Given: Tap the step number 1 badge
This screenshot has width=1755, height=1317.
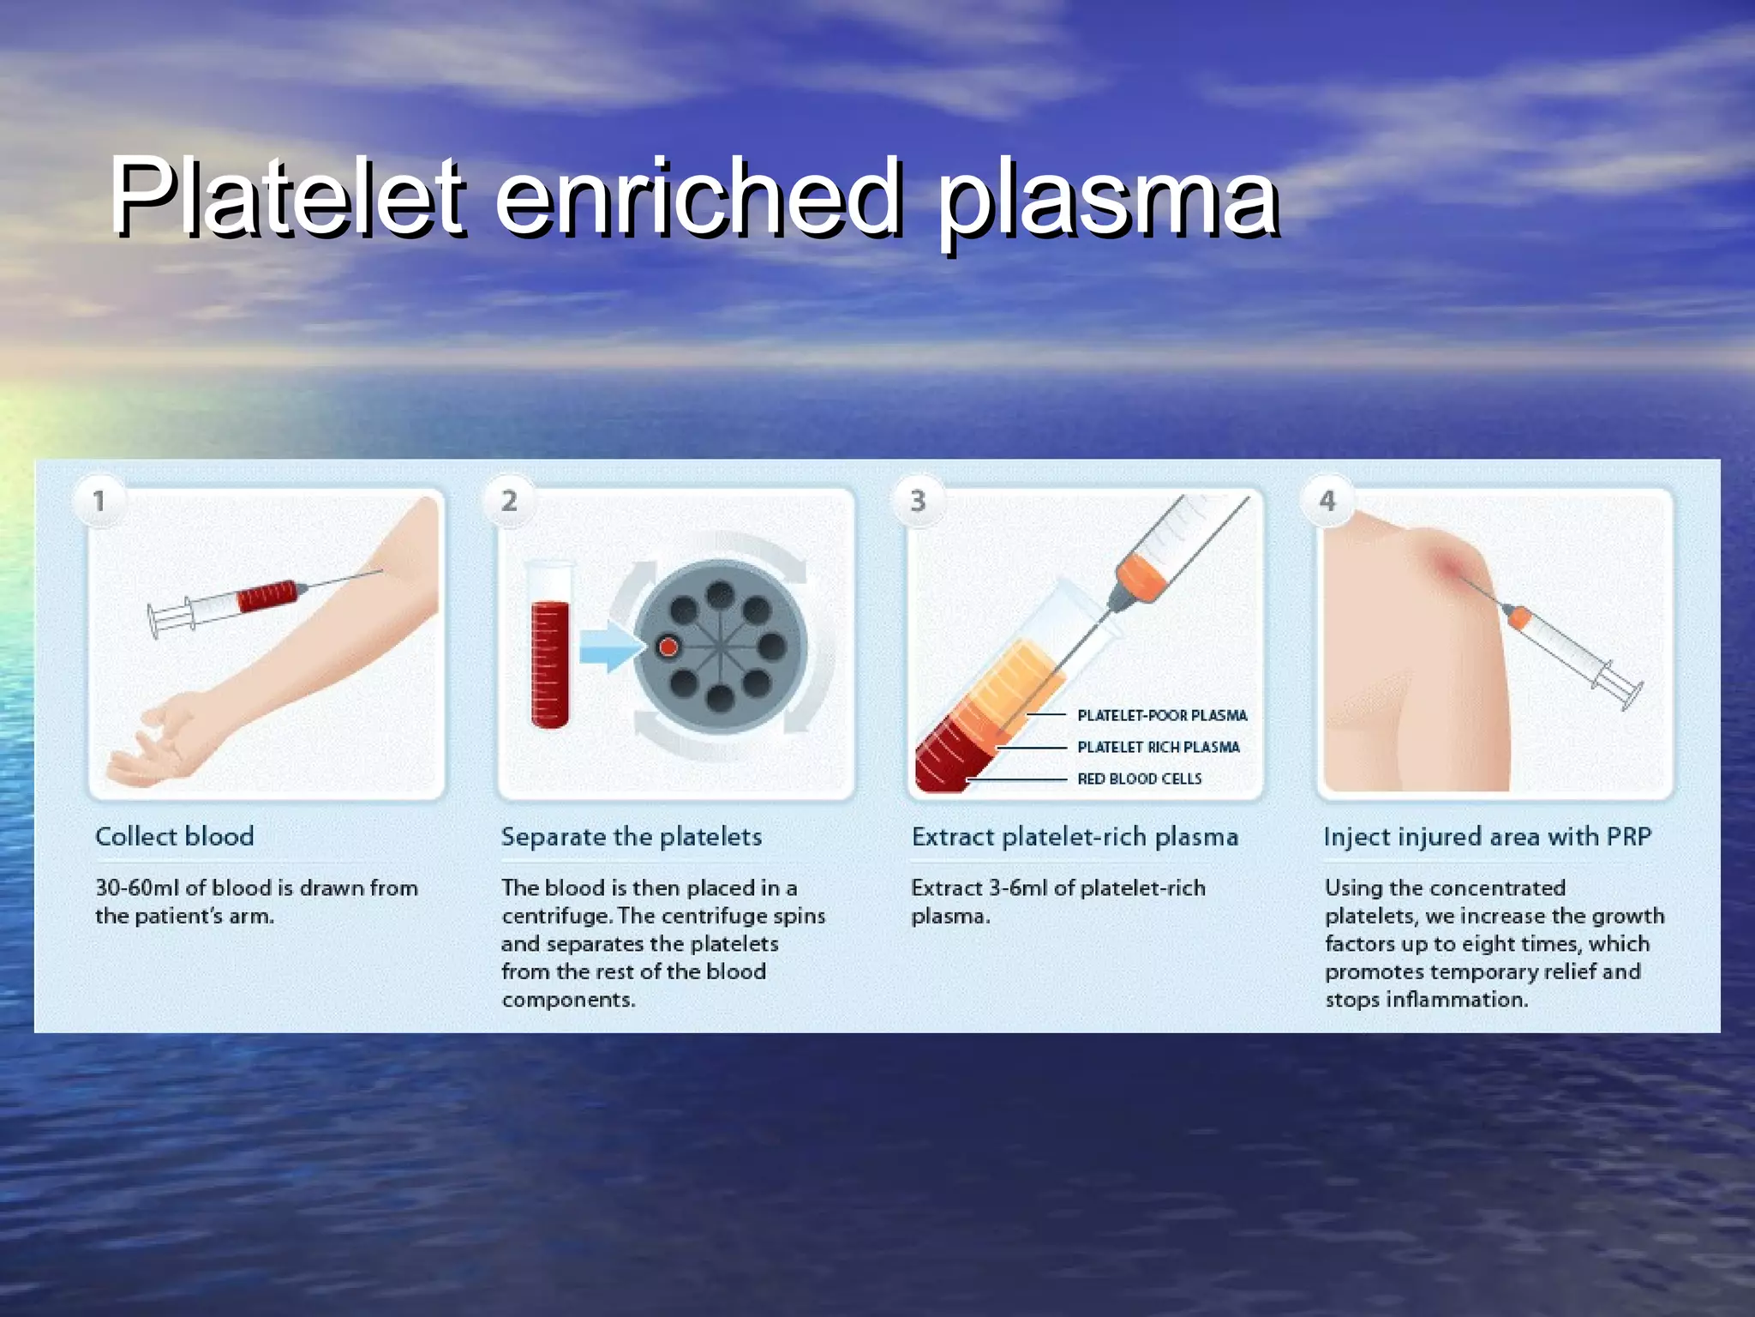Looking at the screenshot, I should (99, 501).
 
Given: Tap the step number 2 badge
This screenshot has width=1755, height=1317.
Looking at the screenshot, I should (509, 500).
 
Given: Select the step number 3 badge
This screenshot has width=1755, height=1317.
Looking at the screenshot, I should (918, 500).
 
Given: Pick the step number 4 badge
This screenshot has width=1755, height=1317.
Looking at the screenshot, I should (1327, 500).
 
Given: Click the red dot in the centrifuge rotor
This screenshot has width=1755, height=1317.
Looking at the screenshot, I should (668, 646).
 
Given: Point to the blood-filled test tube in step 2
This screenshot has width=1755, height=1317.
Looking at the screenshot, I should (549, 652).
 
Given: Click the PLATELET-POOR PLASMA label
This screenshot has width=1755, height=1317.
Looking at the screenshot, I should (1162, 715).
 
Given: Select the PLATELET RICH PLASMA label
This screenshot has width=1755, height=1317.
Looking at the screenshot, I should (1158, 747).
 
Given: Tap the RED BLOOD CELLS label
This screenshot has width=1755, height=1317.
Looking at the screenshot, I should (1139, 779).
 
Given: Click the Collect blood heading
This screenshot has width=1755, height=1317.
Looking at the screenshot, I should (175, 836).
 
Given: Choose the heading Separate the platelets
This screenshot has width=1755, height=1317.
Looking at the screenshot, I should (632, 836).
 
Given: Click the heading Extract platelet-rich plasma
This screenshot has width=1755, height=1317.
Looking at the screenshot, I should (1075, 836).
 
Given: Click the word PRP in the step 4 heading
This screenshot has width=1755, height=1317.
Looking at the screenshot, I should (1628, 836).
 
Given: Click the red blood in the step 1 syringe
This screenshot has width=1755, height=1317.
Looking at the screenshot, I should (267, 596).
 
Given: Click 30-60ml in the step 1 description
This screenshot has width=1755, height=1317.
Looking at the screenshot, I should (137, 887).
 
